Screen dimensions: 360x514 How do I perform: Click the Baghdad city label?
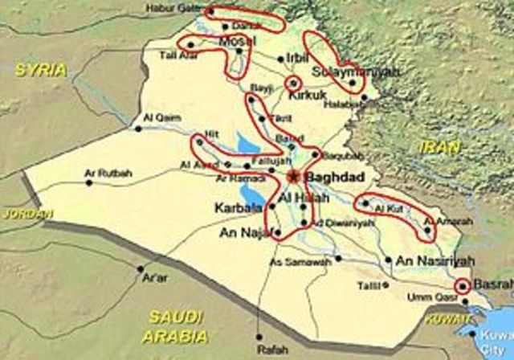tap(333, 177)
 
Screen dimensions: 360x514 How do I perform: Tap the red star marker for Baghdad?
tap(295, 175)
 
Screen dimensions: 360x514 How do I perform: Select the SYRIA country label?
tap(41, 70)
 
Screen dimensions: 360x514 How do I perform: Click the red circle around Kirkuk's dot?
tap(294, 81)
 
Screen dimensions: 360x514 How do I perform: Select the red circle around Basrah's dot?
tap(462, 284)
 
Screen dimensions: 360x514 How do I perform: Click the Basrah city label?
tap(491, 284)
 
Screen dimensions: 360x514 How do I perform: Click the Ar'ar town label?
tap(153, 278)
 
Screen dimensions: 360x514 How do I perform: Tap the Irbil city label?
tap(296, 59)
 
